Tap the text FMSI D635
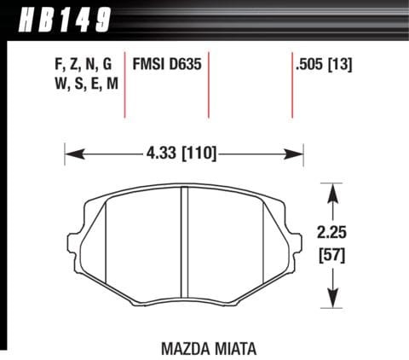click(x=166, y=65)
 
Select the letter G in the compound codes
click(x=107, y=65)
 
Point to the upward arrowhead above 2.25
click(x=333, y=193)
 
